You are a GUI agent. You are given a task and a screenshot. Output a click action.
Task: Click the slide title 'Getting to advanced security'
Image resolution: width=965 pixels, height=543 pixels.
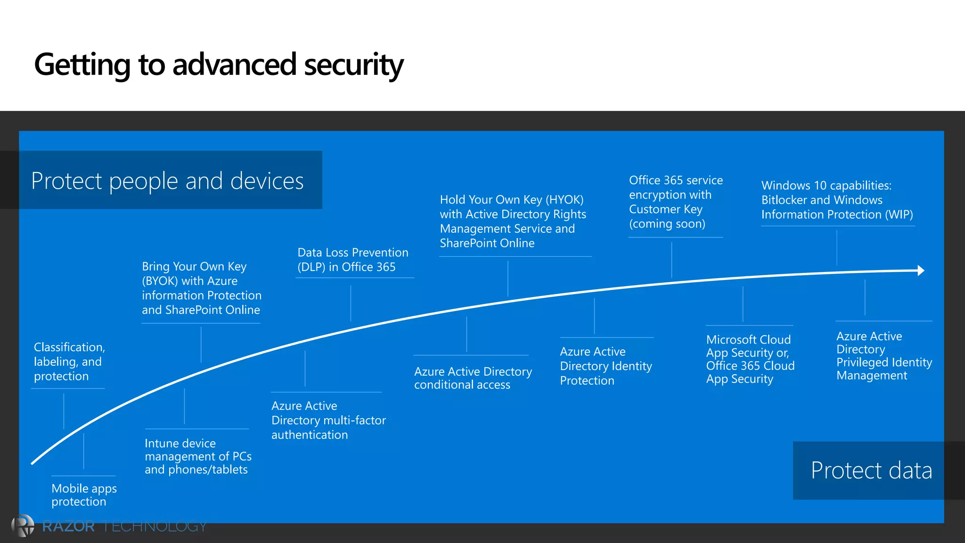point(219,65)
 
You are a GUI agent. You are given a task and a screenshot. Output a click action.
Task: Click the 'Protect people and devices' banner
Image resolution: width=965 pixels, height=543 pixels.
point(167,181)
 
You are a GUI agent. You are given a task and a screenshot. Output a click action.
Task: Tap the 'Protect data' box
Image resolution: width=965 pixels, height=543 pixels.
point(871,470)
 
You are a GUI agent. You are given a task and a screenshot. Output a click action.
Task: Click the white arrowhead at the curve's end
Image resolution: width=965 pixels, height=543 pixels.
point(921,271)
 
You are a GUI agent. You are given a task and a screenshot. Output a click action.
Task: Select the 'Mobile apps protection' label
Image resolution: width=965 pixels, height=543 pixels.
point(84,495)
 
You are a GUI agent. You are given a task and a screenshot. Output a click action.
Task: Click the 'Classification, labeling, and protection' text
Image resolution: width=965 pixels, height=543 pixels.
point(69,362)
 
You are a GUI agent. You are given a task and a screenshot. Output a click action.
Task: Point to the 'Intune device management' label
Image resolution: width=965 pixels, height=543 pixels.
point(197,456)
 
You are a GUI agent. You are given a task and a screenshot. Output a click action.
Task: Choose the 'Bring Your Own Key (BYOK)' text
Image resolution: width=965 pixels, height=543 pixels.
point(201,288)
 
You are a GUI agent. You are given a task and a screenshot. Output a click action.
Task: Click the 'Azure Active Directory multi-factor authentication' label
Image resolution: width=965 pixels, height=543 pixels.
point(328,420)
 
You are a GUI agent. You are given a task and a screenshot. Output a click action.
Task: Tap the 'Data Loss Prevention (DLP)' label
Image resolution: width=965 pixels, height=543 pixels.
point(352,260)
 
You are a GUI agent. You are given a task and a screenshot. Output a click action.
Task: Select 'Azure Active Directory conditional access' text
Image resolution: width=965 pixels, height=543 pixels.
point(473,378)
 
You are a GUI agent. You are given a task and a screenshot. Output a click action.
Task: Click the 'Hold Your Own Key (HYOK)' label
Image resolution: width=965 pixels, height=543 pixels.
point(513,221)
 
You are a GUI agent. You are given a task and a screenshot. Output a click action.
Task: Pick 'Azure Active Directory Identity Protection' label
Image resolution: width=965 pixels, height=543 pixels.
point(605,366)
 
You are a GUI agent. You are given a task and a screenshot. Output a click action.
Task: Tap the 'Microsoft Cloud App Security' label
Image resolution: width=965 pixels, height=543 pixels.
point(750,359)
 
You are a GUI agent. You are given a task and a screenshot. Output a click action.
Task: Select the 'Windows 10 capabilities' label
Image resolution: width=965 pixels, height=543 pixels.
point(836,200)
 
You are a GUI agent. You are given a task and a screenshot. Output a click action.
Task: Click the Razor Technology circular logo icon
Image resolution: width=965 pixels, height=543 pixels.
point(23,526)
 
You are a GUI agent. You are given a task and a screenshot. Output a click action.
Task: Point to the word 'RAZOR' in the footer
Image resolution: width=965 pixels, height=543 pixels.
point(68,526)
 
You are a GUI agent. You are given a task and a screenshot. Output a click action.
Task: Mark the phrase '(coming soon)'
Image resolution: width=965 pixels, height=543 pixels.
point(667,224)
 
